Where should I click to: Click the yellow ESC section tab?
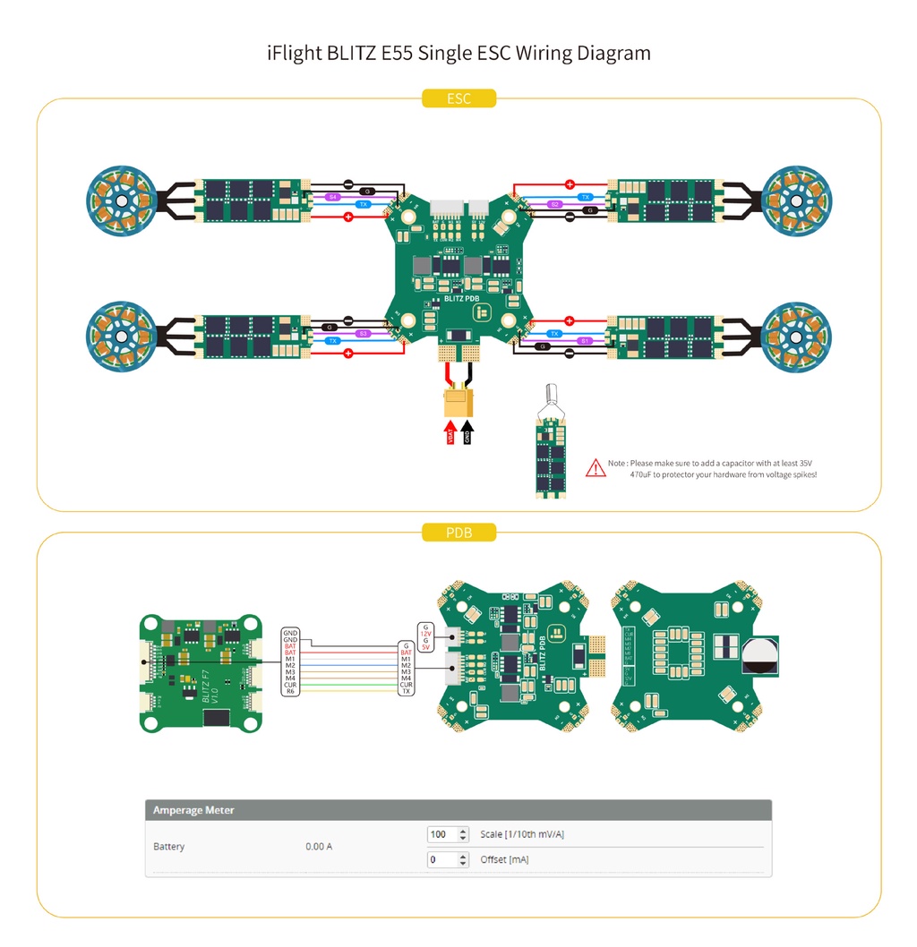pos(458,98)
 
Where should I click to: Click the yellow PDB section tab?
pos(458,533)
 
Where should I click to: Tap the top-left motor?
pos(121,202)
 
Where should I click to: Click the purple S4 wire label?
pos(333,196)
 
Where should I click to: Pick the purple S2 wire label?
pos(555,204)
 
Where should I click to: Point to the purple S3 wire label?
pos(362,333)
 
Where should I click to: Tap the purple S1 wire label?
pos(585,341)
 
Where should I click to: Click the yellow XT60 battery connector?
pos(458,402)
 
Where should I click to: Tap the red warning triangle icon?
pos(596,467)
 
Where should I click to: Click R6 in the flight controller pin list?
pos(290,691)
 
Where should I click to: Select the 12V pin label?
pos(425,634)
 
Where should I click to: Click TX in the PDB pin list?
pos(406,691)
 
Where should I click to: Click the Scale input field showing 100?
pos(441,834)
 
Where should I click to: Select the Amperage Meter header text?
pos(193,810)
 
